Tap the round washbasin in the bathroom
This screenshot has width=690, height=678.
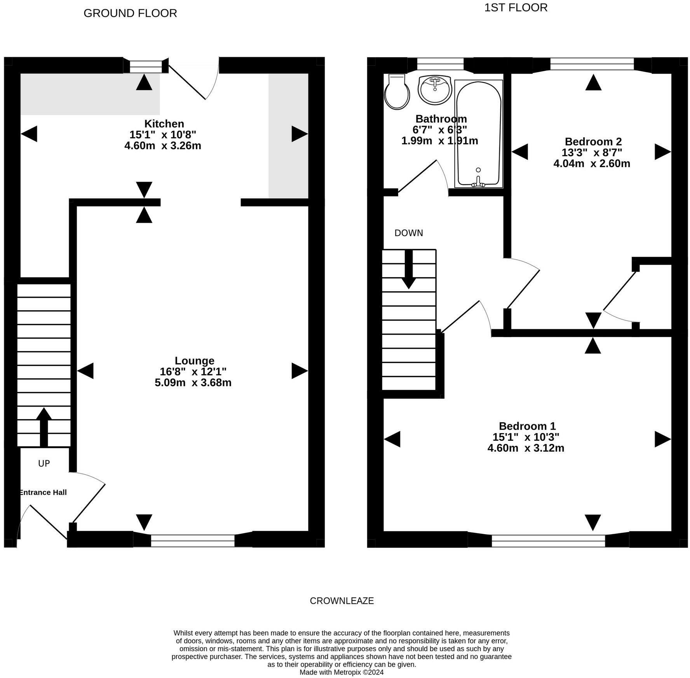point(435,90)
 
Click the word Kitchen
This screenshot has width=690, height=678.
point(164,124)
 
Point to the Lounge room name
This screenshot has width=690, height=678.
point(194,361)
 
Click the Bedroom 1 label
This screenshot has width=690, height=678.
point(527,426)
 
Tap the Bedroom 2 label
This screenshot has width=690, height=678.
point(593,142)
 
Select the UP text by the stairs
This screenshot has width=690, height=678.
point(44,463)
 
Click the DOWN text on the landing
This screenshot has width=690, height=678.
point(409,233)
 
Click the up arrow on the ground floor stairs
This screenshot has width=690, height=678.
point(44,427)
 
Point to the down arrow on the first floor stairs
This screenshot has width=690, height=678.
point(409,269)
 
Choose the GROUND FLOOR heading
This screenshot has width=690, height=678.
point(130,13)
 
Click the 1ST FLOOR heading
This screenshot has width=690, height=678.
point(516,8)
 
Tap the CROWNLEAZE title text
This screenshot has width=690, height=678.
point(342,601)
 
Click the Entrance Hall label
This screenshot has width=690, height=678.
point(43,492)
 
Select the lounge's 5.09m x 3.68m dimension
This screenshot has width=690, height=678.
point(193,383)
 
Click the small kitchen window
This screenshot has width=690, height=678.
point(146,66)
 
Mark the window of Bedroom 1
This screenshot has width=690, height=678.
point(548,540)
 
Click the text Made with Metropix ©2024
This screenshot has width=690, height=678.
point(342,672)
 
